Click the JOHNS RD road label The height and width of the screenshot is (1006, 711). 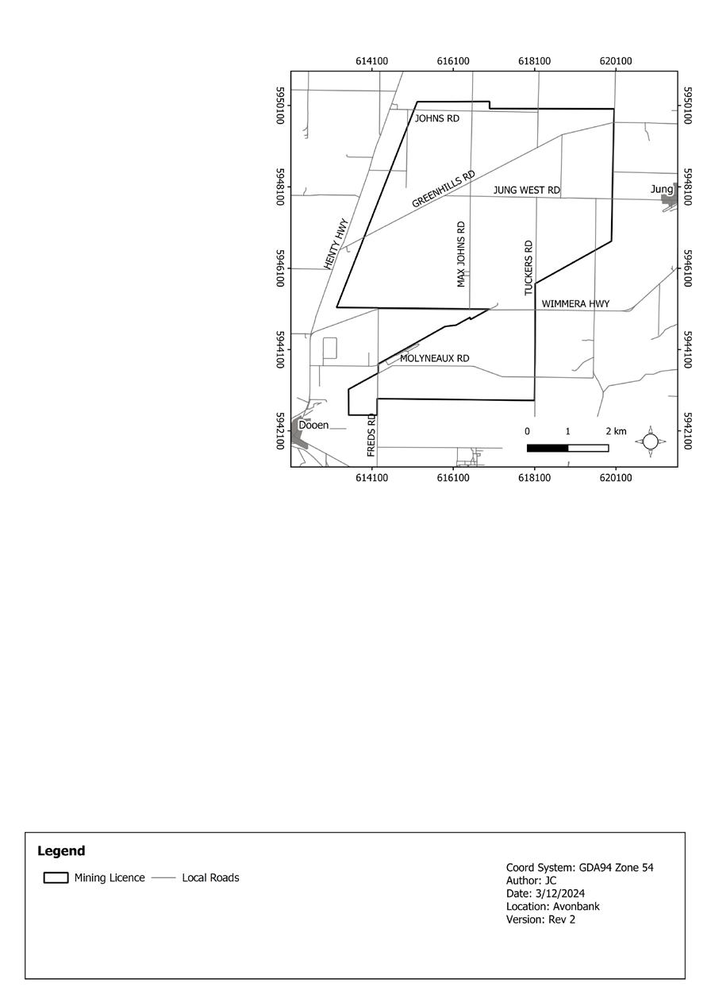pos(437,118)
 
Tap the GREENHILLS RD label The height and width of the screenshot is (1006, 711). pos(444,189)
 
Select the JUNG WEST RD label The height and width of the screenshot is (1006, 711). pos(527,191)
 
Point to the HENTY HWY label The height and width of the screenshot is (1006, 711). pos(337,244)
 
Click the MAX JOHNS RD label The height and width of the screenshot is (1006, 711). pos(461,254)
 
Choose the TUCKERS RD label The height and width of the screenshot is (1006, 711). pos(528,268)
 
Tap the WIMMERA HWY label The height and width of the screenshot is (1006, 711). pos(576,304)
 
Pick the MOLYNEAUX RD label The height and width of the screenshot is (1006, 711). pos(434,359)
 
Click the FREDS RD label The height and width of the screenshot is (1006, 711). pos(371,434)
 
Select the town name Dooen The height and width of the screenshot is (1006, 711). pos(313,426)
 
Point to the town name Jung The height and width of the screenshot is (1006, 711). pos(662,189)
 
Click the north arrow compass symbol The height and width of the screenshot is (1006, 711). pos(650,441)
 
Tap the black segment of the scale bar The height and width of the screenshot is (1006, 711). pos(548,449)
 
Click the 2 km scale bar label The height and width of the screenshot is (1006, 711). pos(616,431)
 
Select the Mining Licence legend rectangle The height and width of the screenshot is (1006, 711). pos(56,877)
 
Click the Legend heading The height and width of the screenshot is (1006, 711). pos(61,851)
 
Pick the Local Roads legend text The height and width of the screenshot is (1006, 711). pos(210,877)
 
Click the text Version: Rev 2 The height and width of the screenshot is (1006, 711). pos(540,919)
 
